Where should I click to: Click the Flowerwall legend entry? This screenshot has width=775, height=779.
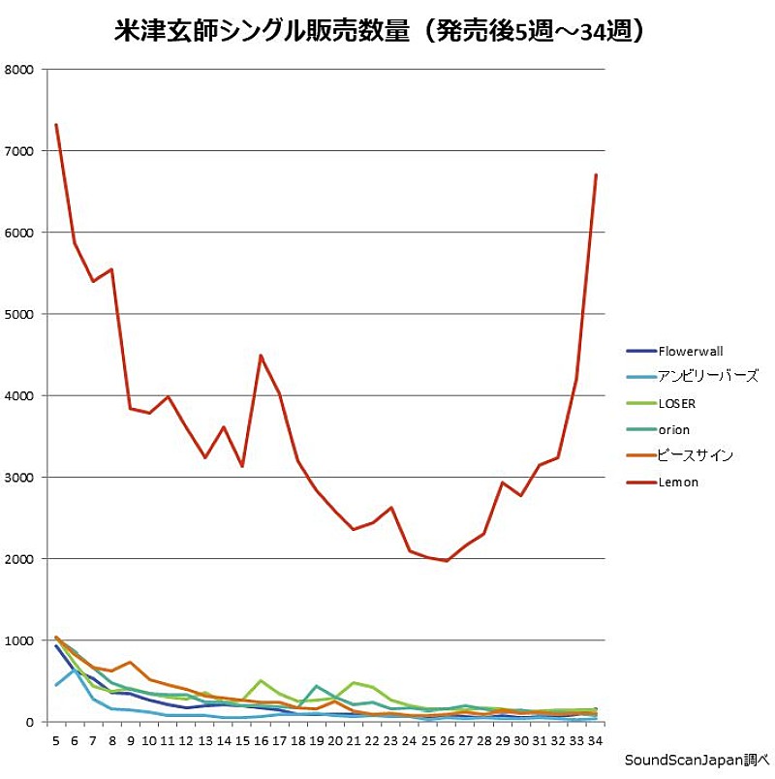tap(690, 352)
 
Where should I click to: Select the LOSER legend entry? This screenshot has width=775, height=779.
tap(676, 404)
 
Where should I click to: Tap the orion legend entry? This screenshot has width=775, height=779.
tap(674, 430)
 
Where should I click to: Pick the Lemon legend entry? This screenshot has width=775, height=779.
tap(677, 482)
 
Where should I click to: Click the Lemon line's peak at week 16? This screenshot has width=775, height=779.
tap(261, 356)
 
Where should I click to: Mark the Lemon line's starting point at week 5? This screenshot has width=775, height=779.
tap(56, 125)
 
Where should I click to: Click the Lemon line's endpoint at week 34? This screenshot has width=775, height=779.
tap(596, 175)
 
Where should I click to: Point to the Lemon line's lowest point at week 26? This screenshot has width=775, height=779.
tap(447, 561)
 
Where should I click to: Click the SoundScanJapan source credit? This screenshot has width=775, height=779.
tap(696, 759)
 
